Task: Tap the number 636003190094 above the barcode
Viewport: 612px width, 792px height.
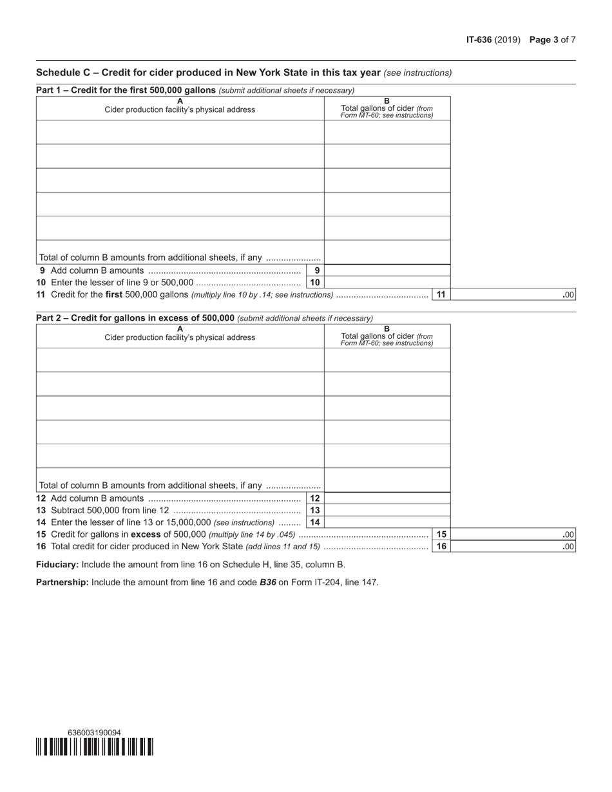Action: pyautogui.click(x=94, y=733)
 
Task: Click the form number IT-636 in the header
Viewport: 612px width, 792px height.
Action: pyautogui.click(x=479, y=40)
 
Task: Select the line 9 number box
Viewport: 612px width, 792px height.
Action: pyautogui.click(x=316, y=271)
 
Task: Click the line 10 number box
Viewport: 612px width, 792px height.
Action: pyautogui.click(x=315, y=283)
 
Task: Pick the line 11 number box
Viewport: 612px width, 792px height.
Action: pyautogui.click(x=441, y=295)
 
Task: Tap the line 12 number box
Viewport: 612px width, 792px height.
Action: pyautogui.click(x=315, y=498)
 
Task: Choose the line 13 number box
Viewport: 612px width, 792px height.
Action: pyautogui.click(x=315, y=511)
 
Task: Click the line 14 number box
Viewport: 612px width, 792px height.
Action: pyautogui.click(x=315, y=522)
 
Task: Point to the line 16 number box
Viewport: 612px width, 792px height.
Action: pyautogui.click(x=441, y=547)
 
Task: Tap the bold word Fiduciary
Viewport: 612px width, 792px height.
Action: pyautogui.click(x=57, y=565)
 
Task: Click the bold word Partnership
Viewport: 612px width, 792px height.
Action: pyautogui.click(x=62, y=583)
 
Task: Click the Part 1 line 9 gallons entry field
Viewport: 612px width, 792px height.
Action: pyautogui.click(x=387, y=271)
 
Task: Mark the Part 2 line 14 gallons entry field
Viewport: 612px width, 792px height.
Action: pyautogui.click(x=387, y=522)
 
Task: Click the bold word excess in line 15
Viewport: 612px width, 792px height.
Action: pyautogui.click(x=146, y=534)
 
